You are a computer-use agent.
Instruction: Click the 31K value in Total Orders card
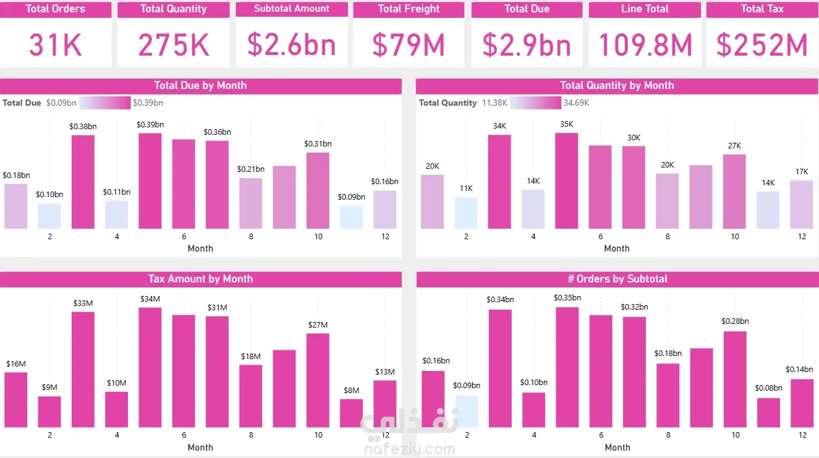tap(56, 45)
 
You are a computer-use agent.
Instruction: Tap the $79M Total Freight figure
tap(409, 45)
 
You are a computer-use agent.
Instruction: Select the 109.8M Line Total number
tap(645, 45)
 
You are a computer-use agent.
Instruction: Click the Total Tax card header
tap(762, 9)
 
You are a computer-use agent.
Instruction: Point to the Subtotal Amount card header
tap(291, 9)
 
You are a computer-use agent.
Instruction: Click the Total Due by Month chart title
tap(200, 86)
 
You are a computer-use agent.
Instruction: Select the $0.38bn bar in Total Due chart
tap(83, 182)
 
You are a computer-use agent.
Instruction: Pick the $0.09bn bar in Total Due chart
tap(351, 217)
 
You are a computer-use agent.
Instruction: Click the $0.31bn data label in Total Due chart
tap(318, 144)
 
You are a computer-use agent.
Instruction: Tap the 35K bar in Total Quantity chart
tap(566, 180)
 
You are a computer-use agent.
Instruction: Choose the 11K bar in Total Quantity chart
tap(466, 213)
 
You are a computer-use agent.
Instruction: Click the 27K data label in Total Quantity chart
tap(734, 146)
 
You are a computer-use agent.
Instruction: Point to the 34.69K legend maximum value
tap(576, 103)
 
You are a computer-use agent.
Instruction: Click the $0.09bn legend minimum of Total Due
tap(61, 103)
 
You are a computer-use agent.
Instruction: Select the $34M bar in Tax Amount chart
tap(150, 367)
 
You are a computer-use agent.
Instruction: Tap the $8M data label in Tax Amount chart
tap(351, 390)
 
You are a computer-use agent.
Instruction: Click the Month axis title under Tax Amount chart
tap(200, 447)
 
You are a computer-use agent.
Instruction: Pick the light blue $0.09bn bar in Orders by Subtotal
tap(467, 411)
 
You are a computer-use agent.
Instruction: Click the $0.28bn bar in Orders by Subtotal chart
tap(735, 379)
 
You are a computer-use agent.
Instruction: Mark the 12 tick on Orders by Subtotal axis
tap(802, 435)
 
